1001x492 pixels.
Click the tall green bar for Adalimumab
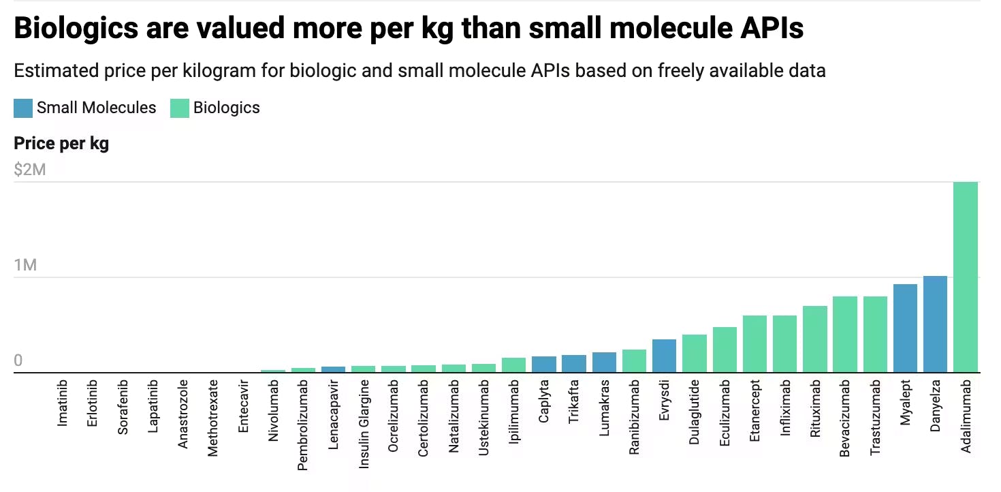click(965, 277)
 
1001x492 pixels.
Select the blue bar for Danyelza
click(935, 324)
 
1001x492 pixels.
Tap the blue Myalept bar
click(905, 328)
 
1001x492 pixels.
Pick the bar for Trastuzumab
click(875, 335)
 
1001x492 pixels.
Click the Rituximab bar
click(815, 339)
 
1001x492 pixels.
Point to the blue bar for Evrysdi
click(664, 356)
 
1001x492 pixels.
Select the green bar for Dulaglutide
click(695, 354)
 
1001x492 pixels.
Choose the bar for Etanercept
click(754, 344)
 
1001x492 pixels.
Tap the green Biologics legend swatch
click(179, 108)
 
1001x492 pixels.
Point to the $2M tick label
click(30, 170)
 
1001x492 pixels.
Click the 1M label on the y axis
click(25, 265)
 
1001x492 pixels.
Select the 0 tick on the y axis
click(18, 360)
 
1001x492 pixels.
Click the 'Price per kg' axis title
click(61, 144)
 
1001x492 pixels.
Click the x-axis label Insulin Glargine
click(364, 424)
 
